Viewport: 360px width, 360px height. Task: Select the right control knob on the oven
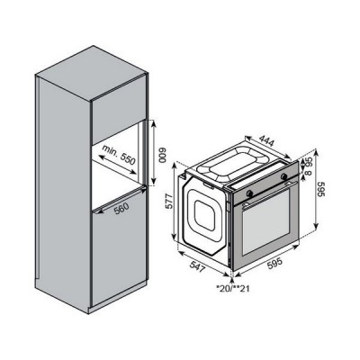click(x=287, y=178)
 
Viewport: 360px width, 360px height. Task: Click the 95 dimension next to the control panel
click(x=309, y=164)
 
